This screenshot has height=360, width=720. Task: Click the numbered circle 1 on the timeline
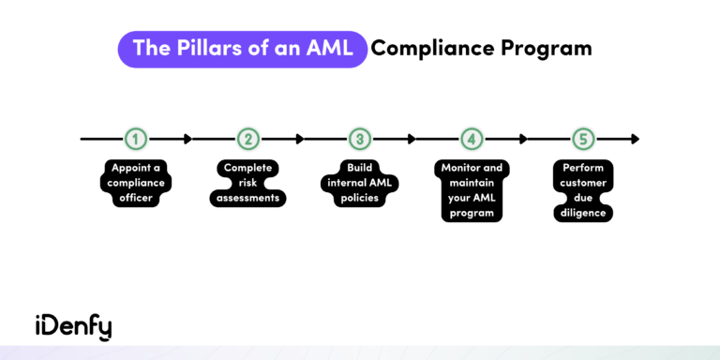pos(136,139)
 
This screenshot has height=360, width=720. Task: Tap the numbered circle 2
pos(247,139)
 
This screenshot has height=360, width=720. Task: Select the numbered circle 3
pos(360,139)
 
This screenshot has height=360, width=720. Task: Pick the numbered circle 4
pos(472,139)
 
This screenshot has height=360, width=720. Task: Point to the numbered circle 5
pos(584,139)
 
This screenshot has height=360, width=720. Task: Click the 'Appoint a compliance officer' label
pos(136,183)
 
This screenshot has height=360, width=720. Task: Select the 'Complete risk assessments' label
pos(247,183)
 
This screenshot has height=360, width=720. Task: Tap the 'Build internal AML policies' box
pos(360,183)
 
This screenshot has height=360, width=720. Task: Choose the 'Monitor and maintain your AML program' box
pos(472,190)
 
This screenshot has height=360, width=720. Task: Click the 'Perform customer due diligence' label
pos(584,190)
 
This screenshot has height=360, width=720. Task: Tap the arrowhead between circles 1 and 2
pos(187,139)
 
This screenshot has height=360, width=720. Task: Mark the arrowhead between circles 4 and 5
pos(524,139)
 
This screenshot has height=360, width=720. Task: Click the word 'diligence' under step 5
pos(584,213)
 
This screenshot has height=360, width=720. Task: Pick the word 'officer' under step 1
pos(136,198)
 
